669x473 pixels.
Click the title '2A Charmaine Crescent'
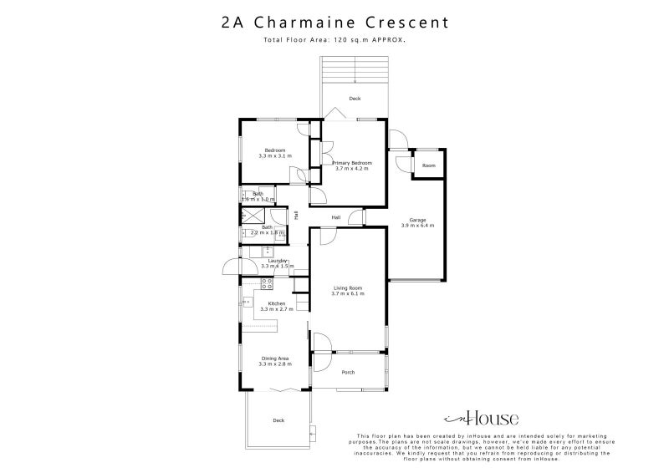[x=334, y=23]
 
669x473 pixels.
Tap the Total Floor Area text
[x=334, y=40]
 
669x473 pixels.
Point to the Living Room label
[x=347, y=287]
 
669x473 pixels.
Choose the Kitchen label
[x=276, y=303]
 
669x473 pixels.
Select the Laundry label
[x=277, y=260]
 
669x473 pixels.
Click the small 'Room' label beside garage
[x=428, y=165]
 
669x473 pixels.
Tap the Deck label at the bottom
[x=278, y=420]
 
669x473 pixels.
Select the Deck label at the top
[x=355, y=99]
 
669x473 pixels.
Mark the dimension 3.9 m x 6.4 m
[x=416, y=226]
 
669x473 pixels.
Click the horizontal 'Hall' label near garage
[x=335, y=217]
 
